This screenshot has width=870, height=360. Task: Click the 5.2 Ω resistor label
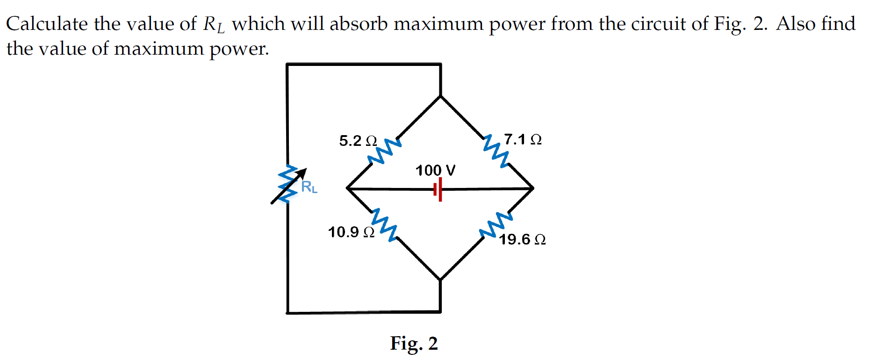pos(358,141)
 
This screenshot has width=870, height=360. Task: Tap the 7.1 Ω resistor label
pos(523,139)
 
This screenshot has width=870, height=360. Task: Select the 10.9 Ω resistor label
pos(351,232)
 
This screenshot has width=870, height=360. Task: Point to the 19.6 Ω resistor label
pos(522,239)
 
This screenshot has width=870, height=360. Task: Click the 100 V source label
pos(435,170)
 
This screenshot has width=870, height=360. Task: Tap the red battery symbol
pos(438,189)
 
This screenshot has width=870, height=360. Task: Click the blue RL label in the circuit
pos(309,187)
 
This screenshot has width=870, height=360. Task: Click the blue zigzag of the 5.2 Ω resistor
pos(384,151)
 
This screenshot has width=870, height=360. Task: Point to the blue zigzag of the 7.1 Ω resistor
pos(496,151)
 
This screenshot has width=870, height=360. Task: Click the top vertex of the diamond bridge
pos(440,96)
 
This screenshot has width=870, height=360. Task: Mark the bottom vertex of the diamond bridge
pos(440,280)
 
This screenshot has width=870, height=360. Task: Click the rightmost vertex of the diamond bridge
pos(533,188)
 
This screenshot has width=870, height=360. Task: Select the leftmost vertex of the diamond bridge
pos(347,188)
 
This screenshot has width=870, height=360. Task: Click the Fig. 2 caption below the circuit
pos(414,343)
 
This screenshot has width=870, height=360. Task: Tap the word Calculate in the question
pos(47,24)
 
